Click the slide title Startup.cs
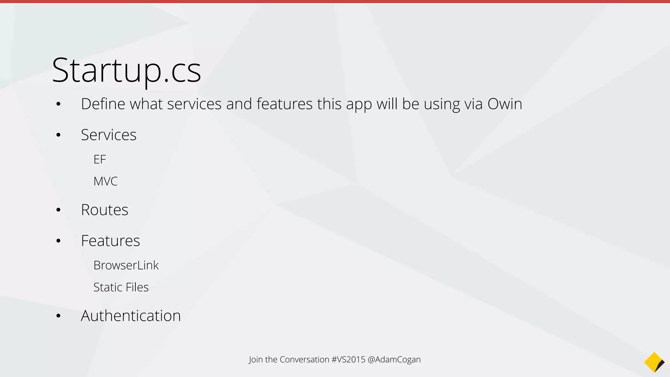coord(126,70)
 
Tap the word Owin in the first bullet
coord(504,104)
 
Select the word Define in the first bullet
coord(103,104)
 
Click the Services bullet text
coord(109,135)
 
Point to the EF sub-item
coord(99,159)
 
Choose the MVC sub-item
coord(105,181)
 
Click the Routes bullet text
coord(104,210)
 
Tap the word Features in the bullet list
coord(110,241)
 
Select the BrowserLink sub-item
coord(126,265)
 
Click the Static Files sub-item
coord(121,287)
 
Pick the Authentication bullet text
coord(131,316)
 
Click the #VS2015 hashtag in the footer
coord(348,359)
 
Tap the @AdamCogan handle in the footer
coord(394,359)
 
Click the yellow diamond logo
coord(654,362)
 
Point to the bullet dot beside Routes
coord(58,210)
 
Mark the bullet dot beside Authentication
coord(58,316)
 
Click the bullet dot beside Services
coord(58,135)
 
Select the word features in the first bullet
coord(284,104)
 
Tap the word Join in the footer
coord(256,359)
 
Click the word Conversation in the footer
coord(304,359)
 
